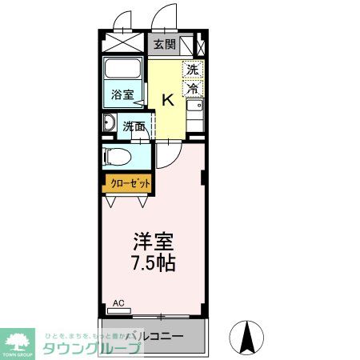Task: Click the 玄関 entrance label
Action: click(x=165, y=45)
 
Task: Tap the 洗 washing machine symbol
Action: click(x=192, y=70)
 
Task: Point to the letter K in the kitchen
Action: click(x=168, y=100)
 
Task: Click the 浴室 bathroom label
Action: click(x=122, y=94)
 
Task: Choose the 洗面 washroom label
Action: click(x=134, y=126)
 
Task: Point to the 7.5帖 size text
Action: click(x=152, y=262)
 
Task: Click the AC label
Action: click(x=118, y=303)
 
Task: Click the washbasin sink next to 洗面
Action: click(x=110, y=123)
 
